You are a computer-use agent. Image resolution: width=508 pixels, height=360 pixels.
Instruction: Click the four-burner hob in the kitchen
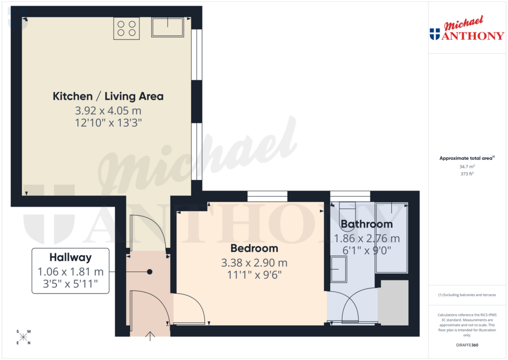[x=127, y=28]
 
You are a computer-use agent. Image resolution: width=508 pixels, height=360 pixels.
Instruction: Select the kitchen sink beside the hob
[x=168, y=27]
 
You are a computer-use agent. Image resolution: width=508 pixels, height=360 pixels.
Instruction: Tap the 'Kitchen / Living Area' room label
[x=108, y=96]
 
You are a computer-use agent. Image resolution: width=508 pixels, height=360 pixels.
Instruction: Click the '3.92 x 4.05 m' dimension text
[x=108, y=110]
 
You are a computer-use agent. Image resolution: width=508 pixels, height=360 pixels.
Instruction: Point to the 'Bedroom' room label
[x=254, y=248]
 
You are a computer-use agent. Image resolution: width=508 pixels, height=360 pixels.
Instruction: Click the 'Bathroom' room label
[x=367, y=224]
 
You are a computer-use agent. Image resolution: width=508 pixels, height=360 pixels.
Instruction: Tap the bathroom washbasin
[x=341, y=269]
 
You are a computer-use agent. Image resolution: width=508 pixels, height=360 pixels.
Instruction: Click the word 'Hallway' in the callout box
[x=70, y=257]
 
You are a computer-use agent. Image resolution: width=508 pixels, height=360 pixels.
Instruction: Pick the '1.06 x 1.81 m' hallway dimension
[x=70, y=272]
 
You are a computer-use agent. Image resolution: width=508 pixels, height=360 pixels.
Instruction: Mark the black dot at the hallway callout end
[x=149, y=272]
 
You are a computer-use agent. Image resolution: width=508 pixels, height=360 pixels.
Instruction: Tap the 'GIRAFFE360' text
[x=467, y=345]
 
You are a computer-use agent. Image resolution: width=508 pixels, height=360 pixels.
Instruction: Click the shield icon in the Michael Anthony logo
[x=435, y=34]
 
